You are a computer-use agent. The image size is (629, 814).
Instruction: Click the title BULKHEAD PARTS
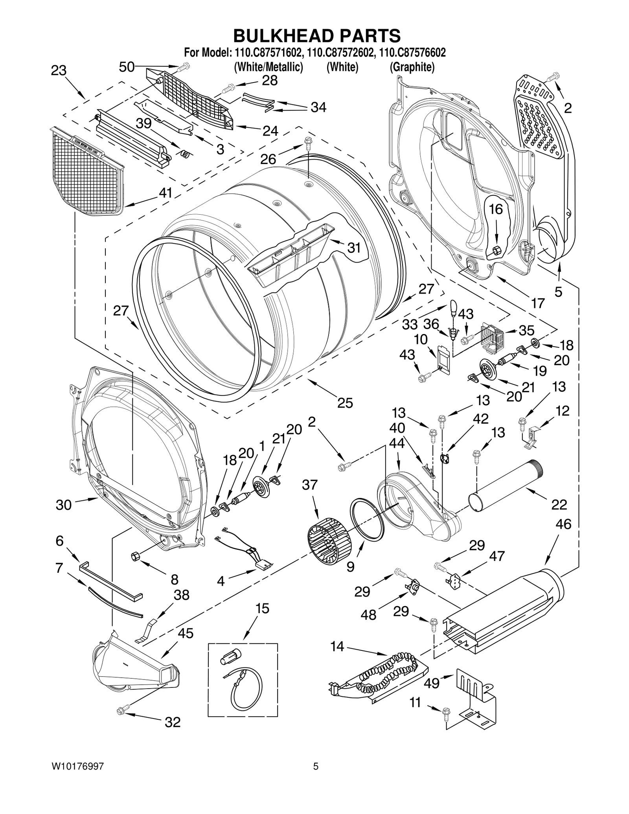tap(317, 35)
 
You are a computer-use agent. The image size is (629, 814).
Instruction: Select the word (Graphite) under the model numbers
tap(412, 67)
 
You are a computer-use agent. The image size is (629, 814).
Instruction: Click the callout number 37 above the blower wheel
tap(309, 485)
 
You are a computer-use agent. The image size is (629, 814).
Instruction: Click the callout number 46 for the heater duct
tap(563, 524)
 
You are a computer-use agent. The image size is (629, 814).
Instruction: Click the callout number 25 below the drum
tap(345, 402)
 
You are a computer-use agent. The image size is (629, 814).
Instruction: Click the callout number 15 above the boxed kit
tap(262, 608)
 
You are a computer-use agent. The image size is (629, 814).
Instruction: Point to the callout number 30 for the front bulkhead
tap(63, 504)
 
